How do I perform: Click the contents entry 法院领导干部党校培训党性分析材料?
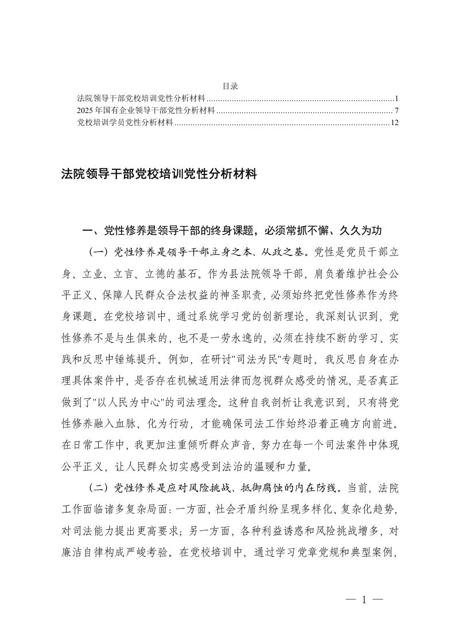tap(141, 98)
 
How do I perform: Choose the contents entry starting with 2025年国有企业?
tap(145, 110)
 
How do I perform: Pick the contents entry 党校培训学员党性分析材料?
tap(125, 122)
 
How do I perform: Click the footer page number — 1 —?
tap(364, 600)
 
